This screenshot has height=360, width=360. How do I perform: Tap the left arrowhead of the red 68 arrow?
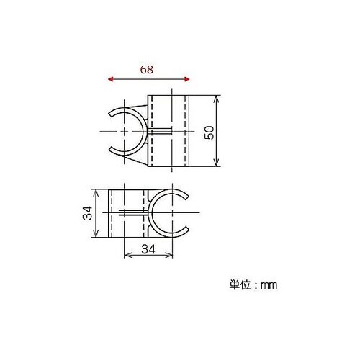tap(109, 80)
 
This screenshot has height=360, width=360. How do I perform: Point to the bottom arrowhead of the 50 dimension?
tap(218, 166)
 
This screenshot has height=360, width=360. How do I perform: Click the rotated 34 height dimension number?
tap(86, 213)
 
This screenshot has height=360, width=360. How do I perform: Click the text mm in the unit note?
tap(269, 285)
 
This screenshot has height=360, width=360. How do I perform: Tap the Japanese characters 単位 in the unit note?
tap(238, 285)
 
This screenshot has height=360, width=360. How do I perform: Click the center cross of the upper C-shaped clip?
tap(127, 132)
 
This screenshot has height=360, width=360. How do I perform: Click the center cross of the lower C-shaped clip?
tap(172, 214)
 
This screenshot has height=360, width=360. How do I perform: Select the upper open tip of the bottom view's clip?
tap(186, 196)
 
